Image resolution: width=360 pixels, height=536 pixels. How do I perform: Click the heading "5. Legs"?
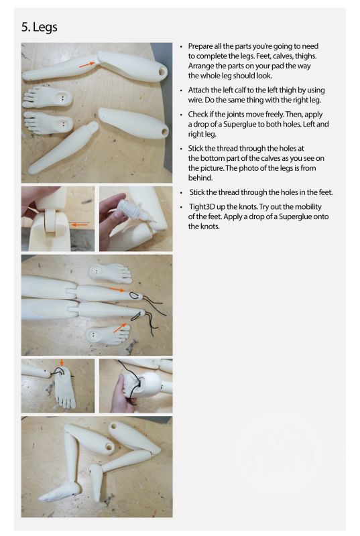coord(39,27)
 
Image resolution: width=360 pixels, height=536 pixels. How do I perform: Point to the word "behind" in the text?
coord(200,178)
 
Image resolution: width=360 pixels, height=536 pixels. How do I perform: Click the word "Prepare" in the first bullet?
coord(200,46)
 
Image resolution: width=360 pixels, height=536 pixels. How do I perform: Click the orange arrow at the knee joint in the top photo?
coord(87,64)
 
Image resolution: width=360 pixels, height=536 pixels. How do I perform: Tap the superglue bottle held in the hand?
coord(129,208)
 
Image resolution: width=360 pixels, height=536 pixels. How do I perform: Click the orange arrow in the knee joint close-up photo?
coord(79,224)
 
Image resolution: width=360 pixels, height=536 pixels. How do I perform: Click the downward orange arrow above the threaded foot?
coord(62,362)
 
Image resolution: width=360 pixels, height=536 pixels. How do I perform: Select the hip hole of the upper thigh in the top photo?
coord(162,72)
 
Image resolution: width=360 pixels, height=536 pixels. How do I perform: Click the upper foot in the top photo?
coord(47,96)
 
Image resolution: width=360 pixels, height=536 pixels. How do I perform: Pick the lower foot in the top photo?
coord(48,123)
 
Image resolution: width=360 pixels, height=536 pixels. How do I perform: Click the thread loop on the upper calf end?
coord(135,295)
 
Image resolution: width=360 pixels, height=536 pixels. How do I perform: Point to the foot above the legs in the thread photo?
coord(110,273)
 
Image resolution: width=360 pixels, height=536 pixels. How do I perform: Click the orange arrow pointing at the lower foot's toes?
coord(119,328)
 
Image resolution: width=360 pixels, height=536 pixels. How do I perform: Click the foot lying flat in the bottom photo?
coord(60,492)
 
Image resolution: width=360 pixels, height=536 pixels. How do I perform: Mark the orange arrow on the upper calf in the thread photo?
coord(117,289)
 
